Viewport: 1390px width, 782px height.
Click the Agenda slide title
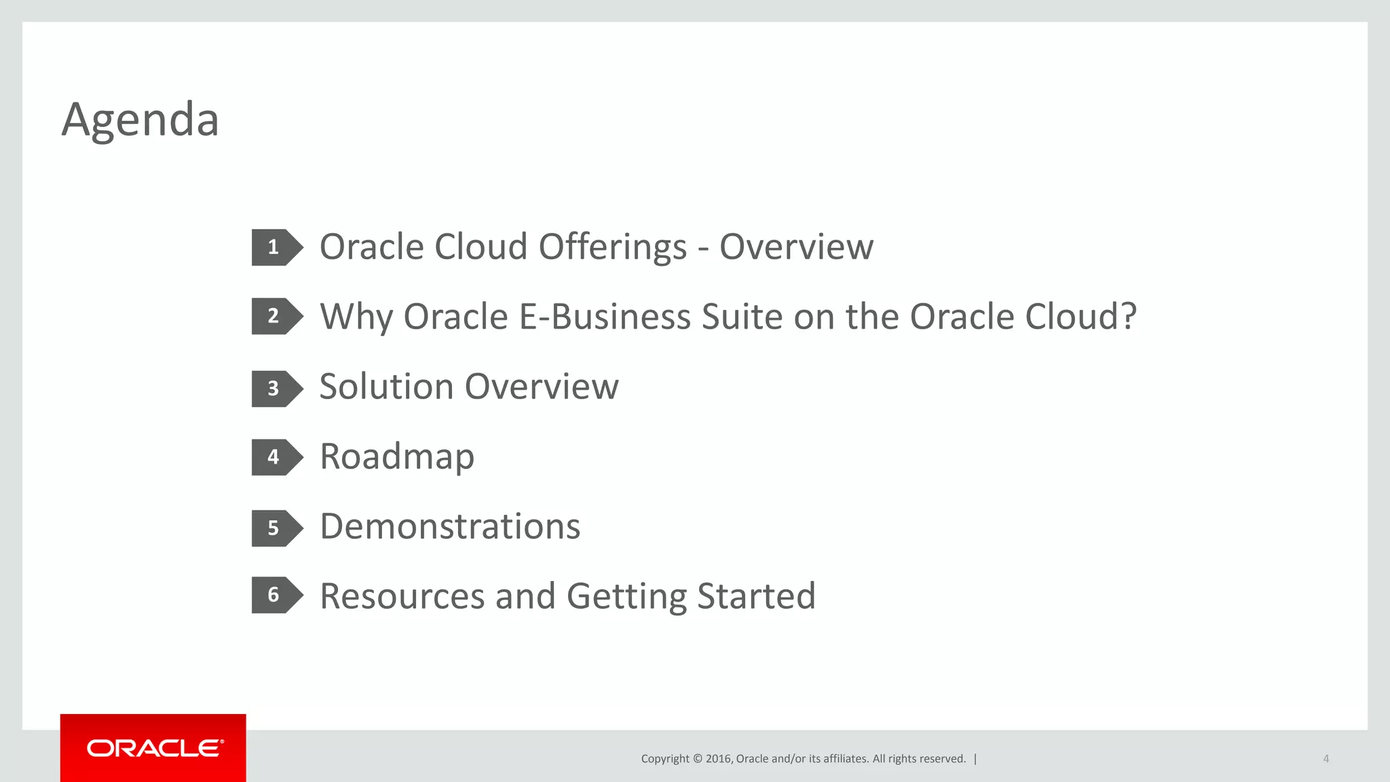[140, 120]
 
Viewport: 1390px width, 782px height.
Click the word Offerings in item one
[612, 247]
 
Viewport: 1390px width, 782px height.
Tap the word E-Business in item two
[604, 317]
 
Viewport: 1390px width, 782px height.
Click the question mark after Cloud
[1127, 316]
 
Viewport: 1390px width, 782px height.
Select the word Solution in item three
[386, 387]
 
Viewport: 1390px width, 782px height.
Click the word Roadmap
[397, 457]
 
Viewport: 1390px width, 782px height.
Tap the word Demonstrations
[450, 527]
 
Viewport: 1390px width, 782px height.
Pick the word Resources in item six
[402, 597]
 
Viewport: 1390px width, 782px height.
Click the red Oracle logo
[153, 748]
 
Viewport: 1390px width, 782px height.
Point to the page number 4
[1326, 759]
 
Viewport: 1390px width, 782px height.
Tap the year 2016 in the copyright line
[718, 759]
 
